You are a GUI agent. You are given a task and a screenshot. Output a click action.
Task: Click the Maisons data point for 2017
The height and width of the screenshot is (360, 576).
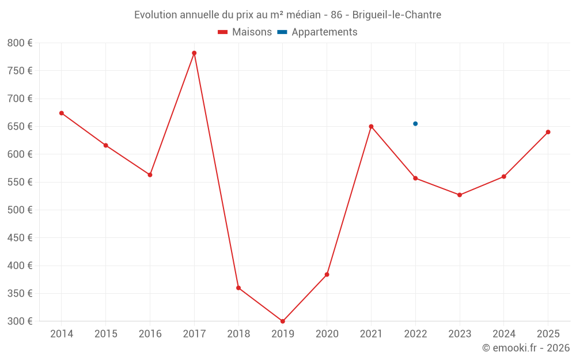[194, 53]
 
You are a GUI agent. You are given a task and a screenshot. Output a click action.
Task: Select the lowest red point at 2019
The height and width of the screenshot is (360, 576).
[283, 321]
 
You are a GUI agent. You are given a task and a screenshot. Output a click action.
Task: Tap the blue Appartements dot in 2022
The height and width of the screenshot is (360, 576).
[415, 124]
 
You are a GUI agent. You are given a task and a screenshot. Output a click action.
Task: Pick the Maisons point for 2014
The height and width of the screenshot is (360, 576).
[62, 113]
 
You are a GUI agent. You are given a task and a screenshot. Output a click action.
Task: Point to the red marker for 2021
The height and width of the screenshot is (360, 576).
[371, 126]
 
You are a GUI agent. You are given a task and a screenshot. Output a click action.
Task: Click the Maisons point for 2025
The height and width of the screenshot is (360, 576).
[548, 132]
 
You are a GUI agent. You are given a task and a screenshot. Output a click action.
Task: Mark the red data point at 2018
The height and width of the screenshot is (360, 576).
[238, 288]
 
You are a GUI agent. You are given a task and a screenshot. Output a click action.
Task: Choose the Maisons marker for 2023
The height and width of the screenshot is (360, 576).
[460, 195]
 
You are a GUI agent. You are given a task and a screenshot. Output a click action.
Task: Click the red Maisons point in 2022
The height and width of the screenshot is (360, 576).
[415, 178]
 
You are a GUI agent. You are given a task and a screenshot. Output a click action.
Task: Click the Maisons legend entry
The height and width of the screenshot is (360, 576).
[245, 32]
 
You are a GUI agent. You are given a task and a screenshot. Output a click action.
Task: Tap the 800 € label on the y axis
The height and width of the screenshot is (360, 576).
[20, 43]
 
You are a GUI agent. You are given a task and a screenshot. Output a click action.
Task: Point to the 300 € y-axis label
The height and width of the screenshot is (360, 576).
[20, 321]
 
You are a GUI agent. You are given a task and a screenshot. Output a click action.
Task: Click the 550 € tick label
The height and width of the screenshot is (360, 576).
[20, 182]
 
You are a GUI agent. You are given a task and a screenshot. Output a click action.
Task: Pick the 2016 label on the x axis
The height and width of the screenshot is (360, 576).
[150, 334]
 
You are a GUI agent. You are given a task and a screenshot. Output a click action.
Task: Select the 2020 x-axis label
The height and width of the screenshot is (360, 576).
[327, 334]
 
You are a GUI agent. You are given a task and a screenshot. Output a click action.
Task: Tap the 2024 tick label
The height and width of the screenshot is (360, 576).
[503, 334]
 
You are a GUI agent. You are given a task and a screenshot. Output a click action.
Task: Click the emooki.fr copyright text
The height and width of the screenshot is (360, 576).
[526, 348]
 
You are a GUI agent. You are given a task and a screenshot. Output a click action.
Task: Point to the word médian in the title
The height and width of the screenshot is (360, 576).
[295, 15]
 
